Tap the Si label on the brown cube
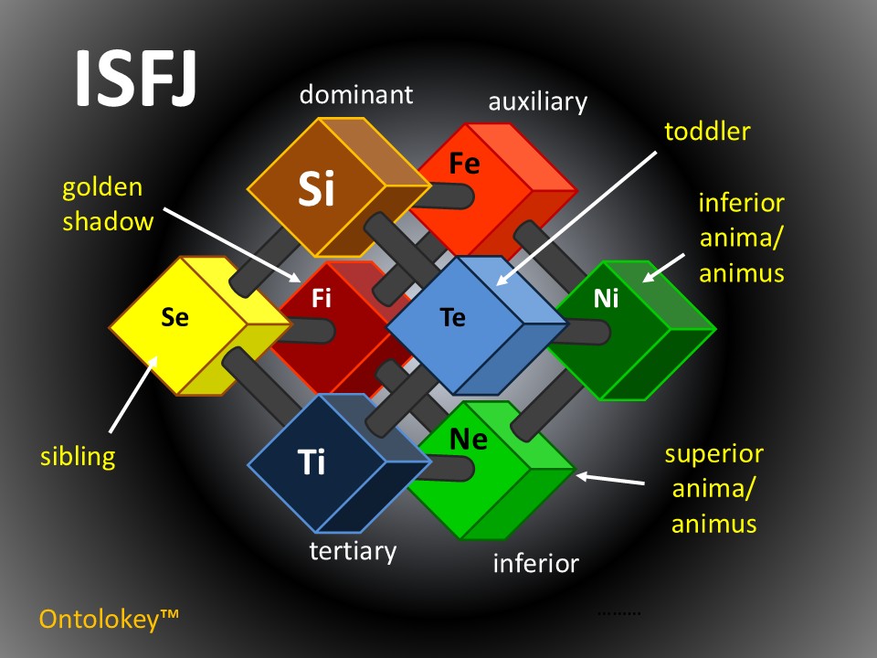tap(316, 188)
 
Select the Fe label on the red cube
tap(464, 164)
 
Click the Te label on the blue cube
tap(452, 317)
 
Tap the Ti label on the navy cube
tap(312, 463)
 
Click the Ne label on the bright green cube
tap(469, 440)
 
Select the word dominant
tap(356, 94)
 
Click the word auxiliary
tap(537, 101)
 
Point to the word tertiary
tap(353, 551)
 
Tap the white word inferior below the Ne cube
tap(535, 563)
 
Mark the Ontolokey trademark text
tap(108, 619)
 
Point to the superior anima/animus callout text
tap(713, 488)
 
